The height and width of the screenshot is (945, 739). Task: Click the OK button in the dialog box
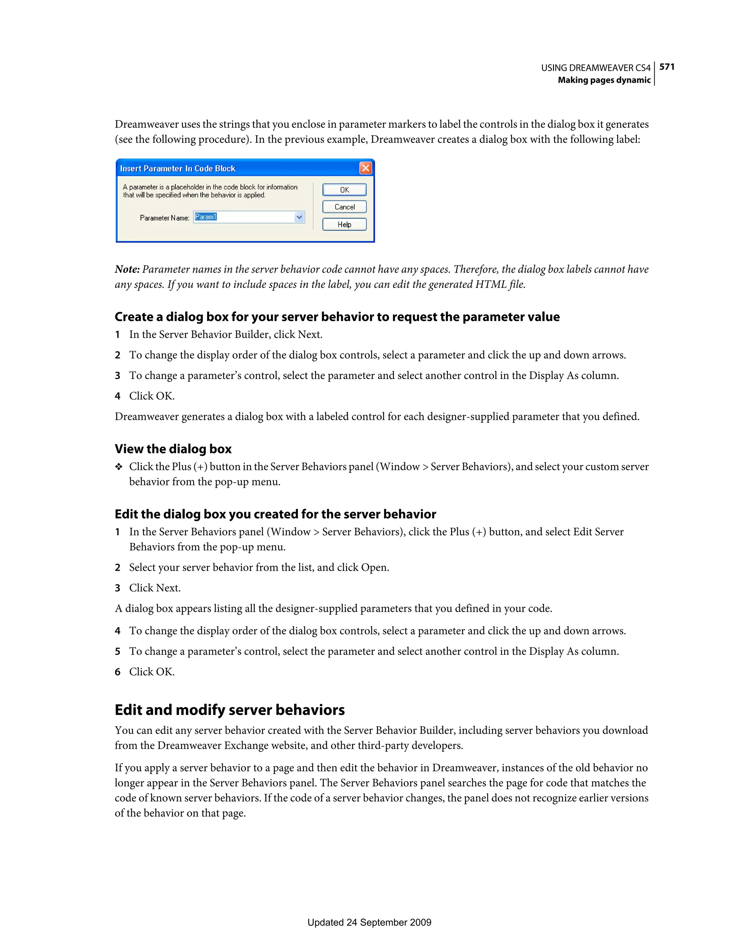click(344, 190)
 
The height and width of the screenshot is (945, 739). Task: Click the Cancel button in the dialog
click(344, 207)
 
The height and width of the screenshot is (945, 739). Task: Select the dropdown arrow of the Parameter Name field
click(299, 217)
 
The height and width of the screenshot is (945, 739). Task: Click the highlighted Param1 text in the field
click(206, 217)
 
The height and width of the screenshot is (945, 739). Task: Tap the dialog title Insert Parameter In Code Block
click(178, 169)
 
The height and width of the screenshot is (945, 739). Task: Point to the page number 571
click(667, 67)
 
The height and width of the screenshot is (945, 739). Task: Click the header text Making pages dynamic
click(604, 80)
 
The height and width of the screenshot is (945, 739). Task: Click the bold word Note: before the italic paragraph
click(127, 269)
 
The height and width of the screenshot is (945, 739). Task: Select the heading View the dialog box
click(173, 449)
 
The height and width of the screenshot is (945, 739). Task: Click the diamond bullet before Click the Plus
click(119, 467)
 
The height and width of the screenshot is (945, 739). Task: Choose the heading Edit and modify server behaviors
click(229, 710)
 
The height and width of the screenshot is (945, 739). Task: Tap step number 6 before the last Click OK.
click(117, 672)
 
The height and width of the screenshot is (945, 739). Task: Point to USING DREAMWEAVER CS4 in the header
click(596, 68)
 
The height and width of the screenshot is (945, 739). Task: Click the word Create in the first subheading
click(134, 317)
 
